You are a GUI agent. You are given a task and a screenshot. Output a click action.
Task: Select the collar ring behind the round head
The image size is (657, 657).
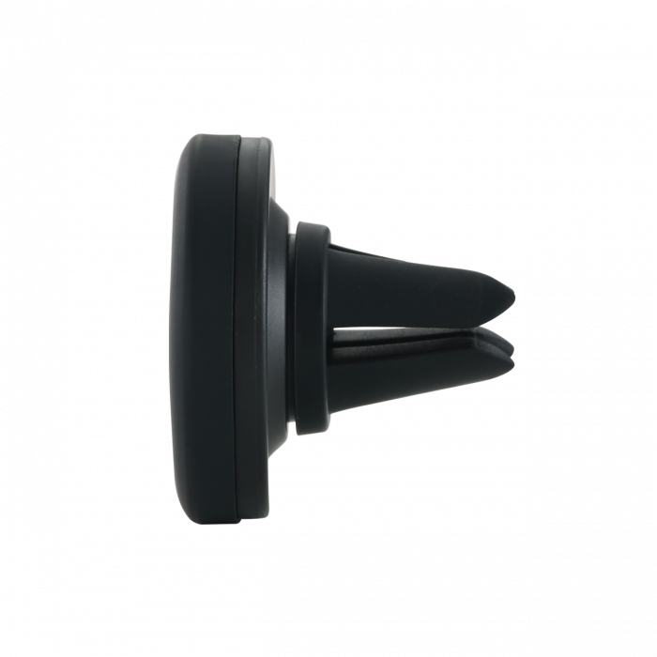(x=313, y=328)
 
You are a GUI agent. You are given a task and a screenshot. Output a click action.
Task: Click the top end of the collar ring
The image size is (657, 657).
(x=313, y=227)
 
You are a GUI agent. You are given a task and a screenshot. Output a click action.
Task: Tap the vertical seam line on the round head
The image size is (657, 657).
(x=238, y=328)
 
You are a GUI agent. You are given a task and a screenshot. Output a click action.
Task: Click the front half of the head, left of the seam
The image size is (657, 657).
(x=206, y=328)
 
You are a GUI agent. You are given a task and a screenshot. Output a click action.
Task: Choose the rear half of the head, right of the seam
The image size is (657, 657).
(x=258, y=328)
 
